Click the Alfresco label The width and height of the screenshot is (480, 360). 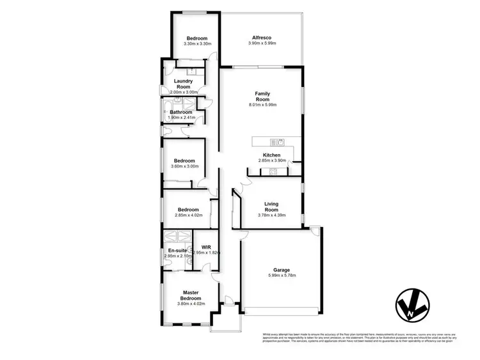click(x=262, y=38)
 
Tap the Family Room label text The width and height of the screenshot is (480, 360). click(x=262, y=97)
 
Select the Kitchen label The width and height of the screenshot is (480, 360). click(x=269, y=155)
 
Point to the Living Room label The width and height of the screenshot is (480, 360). click(x=272, y=207)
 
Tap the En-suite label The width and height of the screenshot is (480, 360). click(x=177, y=250)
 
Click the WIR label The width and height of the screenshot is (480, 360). click(x=206, y=247)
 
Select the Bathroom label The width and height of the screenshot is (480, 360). click(x=181, y=112)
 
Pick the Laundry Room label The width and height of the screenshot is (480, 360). click(x=183, y=84)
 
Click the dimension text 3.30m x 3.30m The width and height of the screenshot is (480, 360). click(x=197, y=43)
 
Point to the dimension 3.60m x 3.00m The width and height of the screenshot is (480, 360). click(x=186, y=166)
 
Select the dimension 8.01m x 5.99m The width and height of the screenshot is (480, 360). click(x=262, y=106)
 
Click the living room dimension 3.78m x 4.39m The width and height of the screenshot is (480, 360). click(x=272, y=215)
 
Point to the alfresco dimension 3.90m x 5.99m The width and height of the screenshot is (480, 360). click(x=262, y=43)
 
